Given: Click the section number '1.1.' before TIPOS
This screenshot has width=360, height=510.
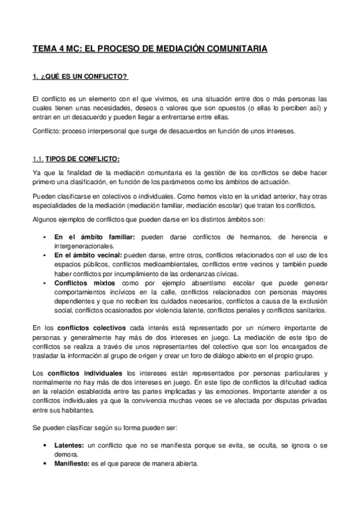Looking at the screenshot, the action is coord(38,159).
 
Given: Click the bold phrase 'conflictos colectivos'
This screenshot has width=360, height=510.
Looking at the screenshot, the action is coord(92,327).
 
